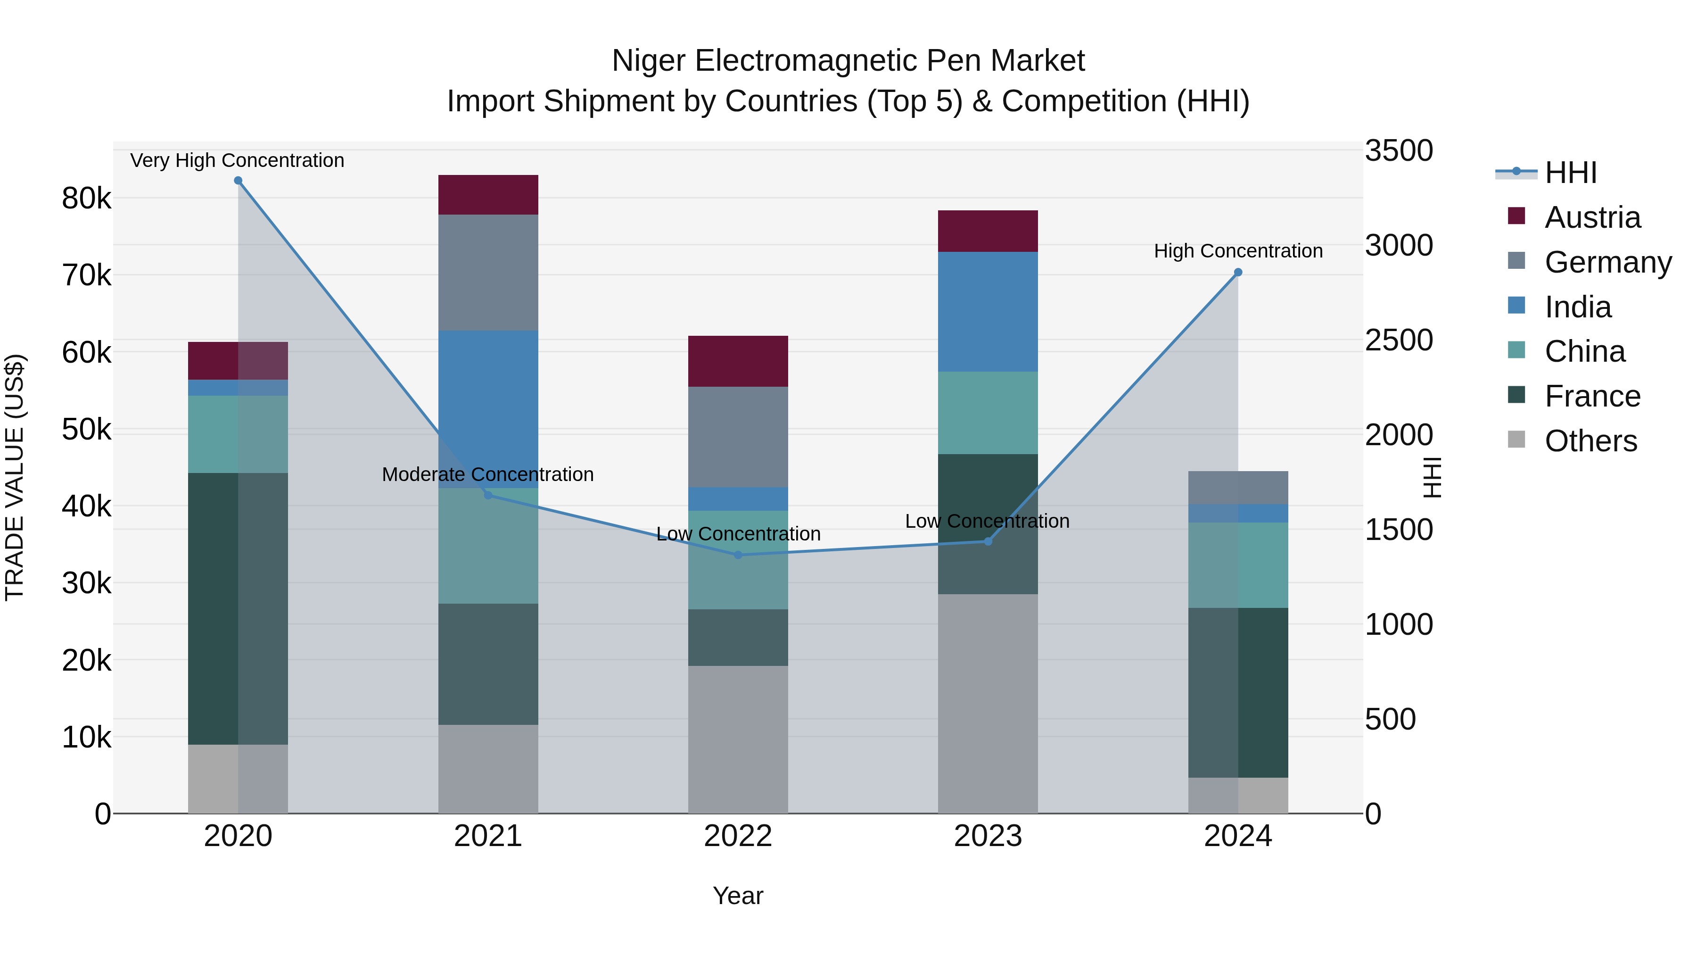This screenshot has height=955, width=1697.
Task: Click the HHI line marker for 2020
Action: pos(238,181)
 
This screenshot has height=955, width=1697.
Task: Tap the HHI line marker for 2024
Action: pos(1238,272)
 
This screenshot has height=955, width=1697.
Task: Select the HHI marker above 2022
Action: pos(738,555)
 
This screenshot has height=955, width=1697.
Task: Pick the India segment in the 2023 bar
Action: pos(988,311)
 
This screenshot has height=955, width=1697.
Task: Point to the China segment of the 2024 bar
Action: pos(1238,565)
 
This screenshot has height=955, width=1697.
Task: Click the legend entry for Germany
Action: pos(1607,262)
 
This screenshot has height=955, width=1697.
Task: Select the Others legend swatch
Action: pos(1516,440)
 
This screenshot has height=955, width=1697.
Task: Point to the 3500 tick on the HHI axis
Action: pos(1398,150)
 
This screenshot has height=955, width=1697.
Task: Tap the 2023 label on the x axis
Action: pos(988,836)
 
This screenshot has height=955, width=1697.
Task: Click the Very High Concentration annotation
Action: pos(237,160)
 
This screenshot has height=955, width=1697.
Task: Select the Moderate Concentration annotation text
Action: pos(487,474)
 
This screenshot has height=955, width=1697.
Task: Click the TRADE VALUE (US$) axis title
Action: pos(15,477)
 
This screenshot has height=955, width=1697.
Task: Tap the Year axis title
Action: pos(738,896)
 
